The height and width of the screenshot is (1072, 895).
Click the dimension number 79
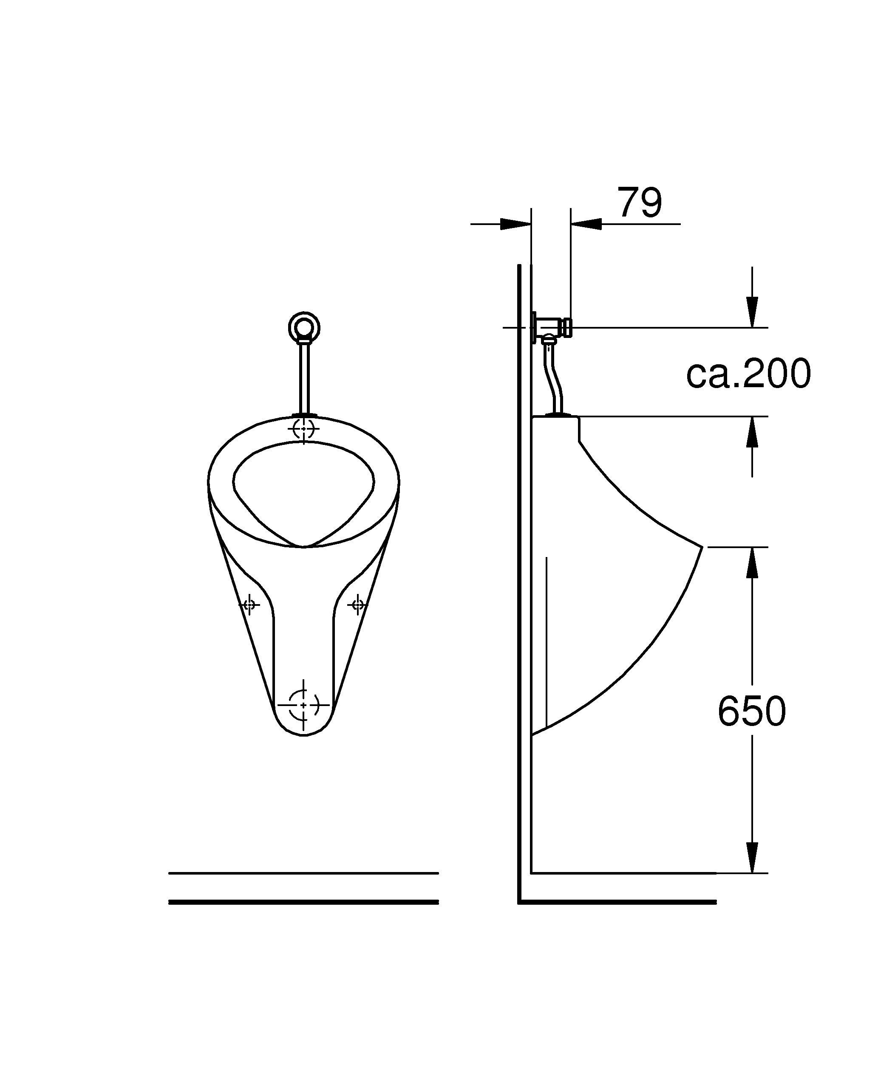click(639, 202)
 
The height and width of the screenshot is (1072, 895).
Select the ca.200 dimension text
click(748, 374)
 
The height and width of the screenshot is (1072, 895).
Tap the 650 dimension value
click(751, 711)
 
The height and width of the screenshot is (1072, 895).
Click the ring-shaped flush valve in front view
click(304, 326)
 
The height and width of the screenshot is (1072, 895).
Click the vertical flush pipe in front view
click(304, 378)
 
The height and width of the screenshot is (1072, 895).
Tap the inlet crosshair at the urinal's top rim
click(304, 429)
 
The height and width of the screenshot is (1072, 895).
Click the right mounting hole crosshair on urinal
click(357, 605)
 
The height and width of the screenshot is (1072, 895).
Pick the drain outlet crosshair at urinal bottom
click(303, 705)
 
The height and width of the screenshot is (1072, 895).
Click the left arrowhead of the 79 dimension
click(515, 224)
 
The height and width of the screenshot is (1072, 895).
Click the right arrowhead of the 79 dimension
click(586, 224)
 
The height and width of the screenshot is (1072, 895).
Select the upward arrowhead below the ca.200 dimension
click(751, 433)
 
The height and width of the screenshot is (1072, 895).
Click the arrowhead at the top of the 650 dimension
click(751, 563)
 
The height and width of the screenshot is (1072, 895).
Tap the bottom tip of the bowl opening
click(303, 546)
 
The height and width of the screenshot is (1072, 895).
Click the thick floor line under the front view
click(303, 903)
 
